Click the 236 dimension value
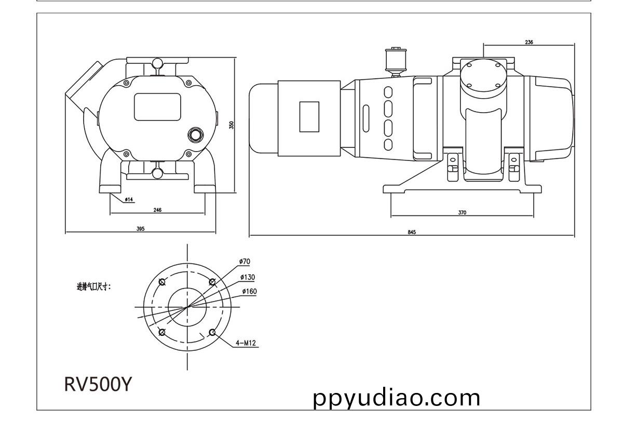(x=529, y=42)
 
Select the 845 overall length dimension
(x=412, y=232)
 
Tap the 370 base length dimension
(x=462, y=212)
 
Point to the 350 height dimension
(x=232, y=125)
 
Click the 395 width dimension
(x=141, y=229)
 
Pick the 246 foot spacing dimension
(x=157, y=210)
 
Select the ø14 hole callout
(x=129, y=199)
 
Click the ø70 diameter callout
(x=245, y=262)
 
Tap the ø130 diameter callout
(x=248, y=277)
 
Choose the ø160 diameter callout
(x=250, y=291)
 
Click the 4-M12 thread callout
(x=246, y=343)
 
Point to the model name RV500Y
(x=98, y=384)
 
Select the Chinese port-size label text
(x=94, y=287)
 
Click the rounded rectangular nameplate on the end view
(x=157, y=107)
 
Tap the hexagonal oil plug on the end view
(x=195, y=135)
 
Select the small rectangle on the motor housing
(x=309, y=117)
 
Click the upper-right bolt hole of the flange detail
(x=212, y=282)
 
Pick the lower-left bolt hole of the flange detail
(x=162, y=332)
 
